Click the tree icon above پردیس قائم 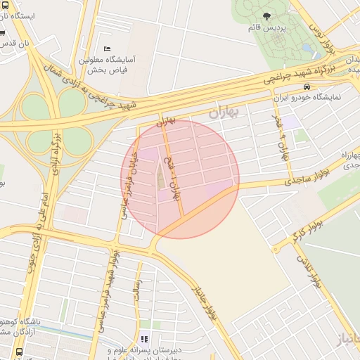tap(266, 15)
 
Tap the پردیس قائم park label tap(266, 27)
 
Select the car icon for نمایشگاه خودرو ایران tap(307, 86)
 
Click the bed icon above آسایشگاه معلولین tap(107, 49)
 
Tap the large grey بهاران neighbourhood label tap(224, 112)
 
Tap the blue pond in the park tap(308, 50)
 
